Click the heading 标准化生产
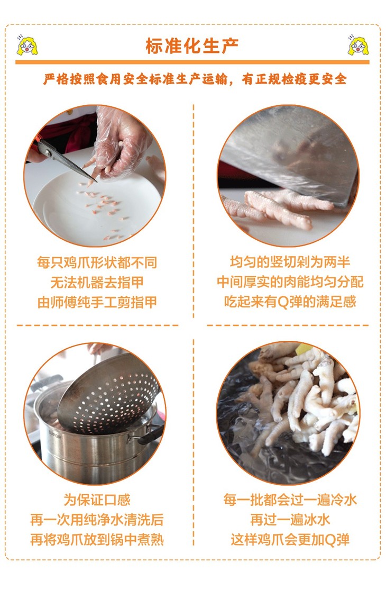click(x=192, y=46)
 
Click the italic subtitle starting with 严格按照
click(x=195, y=79)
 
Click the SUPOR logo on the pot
click(x=54, y=436)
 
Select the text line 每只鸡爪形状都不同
click(x=97, y=262)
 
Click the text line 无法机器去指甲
click(x=97, y=283)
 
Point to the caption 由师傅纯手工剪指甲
click(x=97, y=302)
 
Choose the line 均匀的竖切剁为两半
click(x=290, y=262)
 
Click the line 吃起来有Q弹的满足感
click(x=290, y=302)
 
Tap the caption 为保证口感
click(x=97, y=500)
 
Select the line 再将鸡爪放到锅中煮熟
click(x=97, y=540)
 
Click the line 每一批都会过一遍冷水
click(x=290, y=500)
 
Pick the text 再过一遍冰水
click(x=290, y=520)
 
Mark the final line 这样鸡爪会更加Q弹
click(x=290, y=540)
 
